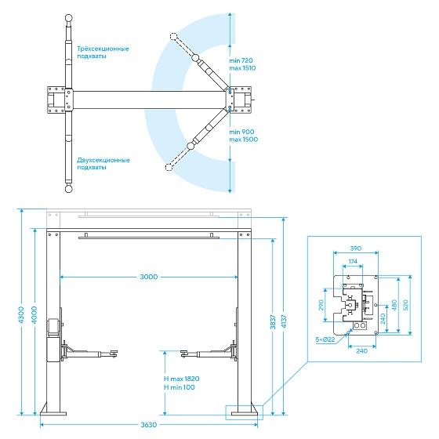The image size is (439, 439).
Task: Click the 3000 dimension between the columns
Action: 149,277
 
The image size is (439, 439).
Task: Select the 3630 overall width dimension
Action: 149,425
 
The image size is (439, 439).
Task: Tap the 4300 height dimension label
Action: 21,315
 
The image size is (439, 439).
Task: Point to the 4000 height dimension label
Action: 34,315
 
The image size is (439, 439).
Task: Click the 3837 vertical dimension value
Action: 273,322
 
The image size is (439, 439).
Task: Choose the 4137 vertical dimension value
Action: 285,322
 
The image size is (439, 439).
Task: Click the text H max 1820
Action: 181,379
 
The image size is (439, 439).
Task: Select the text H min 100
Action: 180,387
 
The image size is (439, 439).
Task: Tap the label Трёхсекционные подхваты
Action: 103,53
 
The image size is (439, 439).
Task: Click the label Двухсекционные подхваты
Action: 103,164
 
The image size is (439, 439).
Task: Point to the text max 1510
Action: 242,68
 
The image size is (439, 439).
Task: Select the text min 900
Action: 241,132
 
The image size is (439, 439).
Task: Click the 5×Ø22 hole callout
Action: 325,339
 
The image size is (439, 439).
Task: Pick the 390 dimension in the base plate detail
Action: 356,249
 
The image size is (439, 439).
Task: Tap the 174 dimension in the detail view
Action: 353,261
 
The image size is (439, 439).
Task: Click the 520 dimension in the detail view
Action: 406,305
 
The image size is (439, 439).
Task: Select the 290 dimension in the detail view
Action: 321,305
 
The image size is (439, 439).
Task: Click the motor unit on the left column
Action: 53,327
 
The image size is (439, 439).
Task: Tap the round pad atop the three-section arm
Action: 69,19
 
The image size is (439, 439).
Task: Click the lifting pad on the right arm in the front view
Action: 184,354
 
